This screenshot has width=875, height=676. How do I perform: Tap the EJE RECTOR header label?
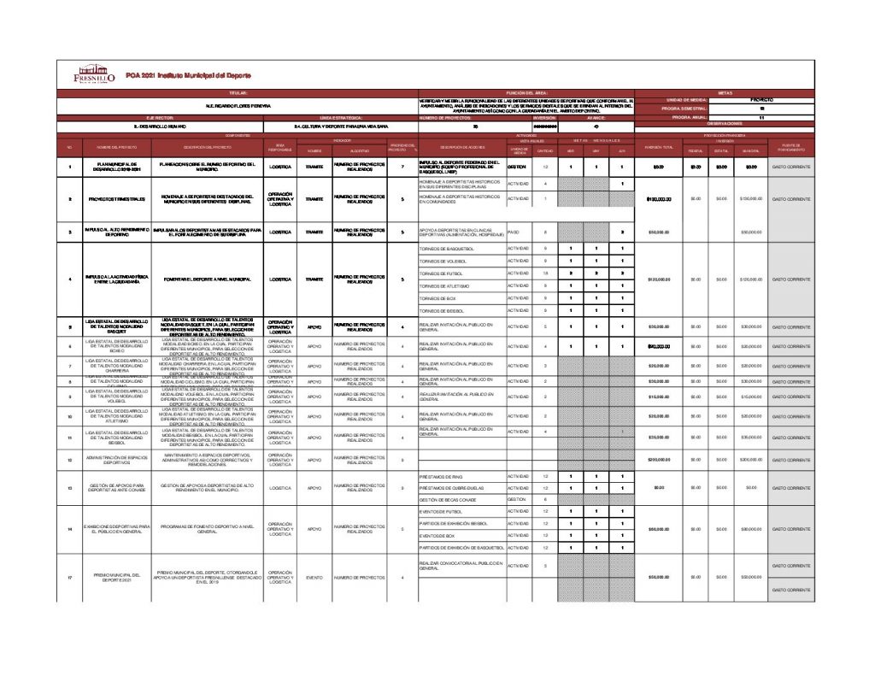point(160,118)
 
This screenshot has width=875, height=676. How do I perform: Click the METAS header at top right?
point(725,91)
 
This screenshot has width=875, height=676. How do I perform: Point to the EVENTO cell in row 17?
point(314,578)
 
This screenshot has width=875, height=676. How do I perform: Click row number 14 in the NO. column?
point(69,529)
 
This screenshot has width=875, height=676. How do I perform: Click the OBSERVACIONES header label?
point(725,124)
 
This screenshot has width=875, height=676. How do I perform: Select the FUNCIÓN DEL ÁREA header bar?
point(527,91)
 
